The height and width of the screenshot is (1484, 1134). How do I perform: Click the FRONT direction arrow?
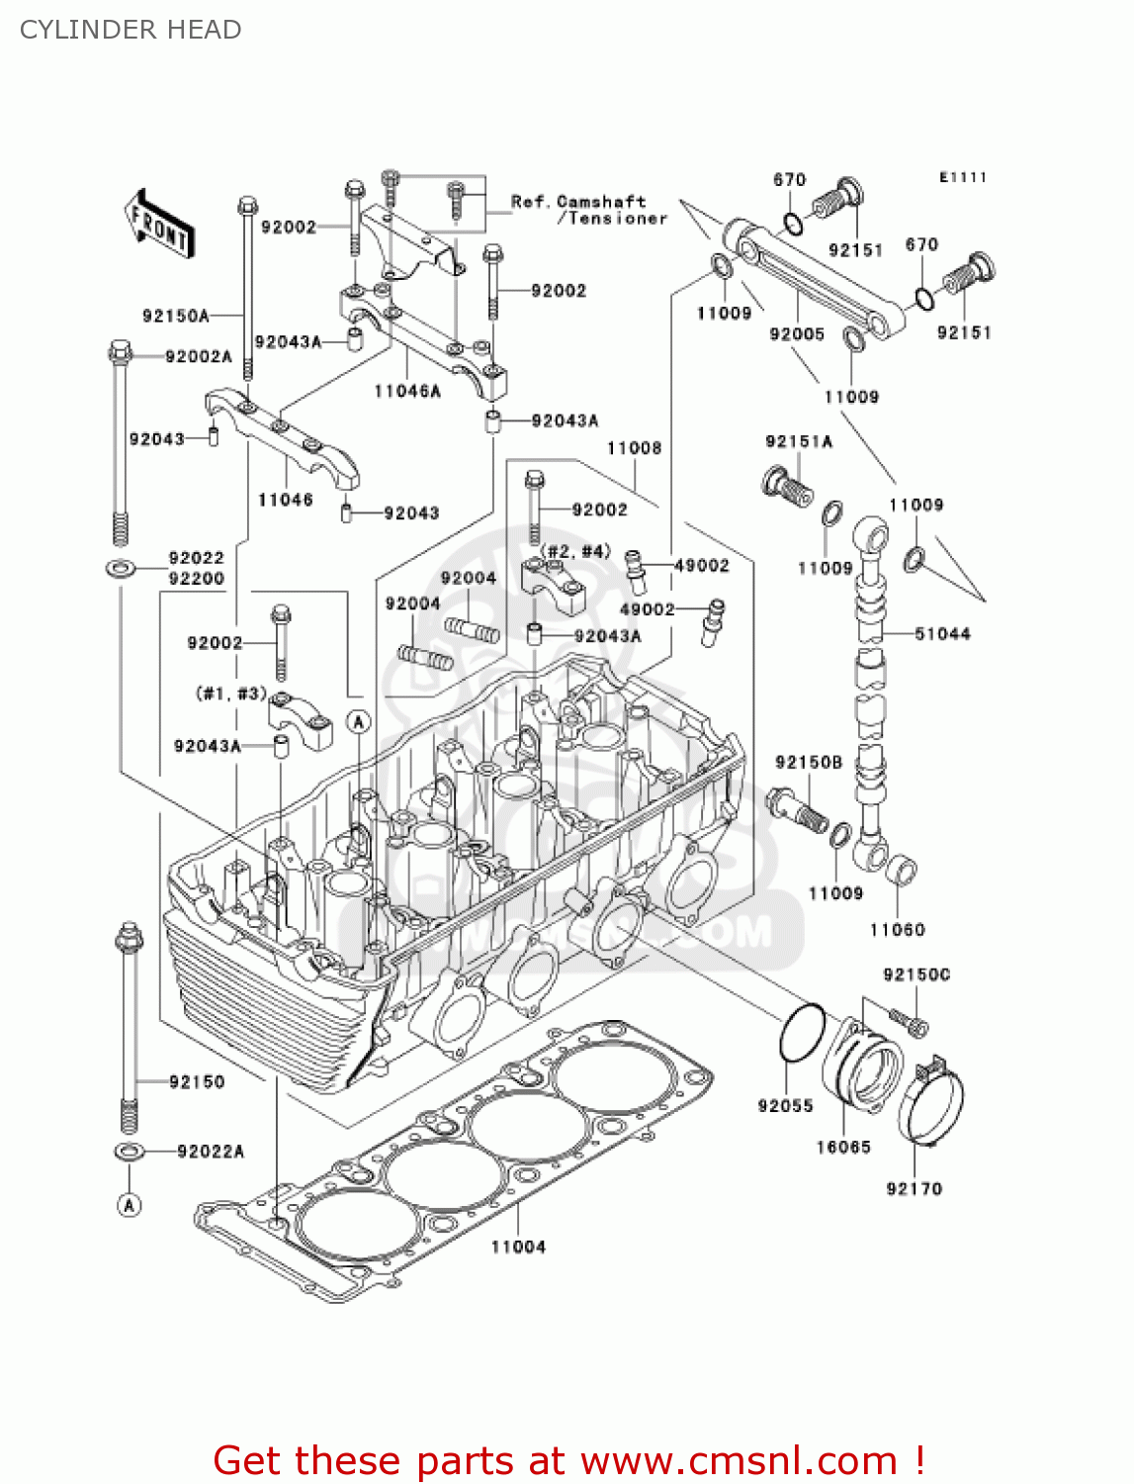[x=159, y=225]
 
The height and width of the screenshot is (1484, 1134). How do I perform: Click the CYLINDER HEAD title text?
[x=131, y=30]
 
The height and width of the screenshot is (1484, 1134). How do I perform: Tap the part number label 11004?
[x=518, y=1247]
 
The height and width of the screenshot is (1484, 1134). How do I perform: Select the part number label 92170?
[x=915, y=1188]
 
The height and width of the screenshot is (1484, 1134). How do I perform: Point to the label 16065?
[x=843, y=1147]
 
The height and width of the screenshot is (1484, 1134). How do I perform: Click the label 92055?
[x=785, y=1105]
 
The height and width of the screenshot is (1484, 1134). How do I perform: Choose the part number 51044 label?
[x=942, y=633]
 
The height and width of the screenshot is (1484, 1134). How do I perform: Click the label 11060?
[x=897, y=929]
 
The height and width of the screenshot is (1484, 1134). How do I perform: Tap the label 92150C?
[x=916, y=974]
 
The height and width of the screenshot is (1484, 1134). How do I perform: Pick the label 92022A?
[x=211, y=1151]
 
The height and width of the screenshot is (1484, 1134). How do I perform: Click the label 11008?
[x=634, y=448]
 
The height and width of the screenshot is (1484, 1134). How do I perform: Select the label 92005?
[x=797, y=334]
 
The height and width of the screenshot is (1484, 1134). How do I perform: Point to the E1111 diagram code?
[x=963, y=177]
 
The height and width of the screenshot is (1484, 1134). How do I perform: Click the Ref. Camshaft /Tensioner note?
[x=589, y=210]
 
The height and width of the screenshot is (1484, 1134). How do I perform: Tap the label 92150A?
[x=175, y=316]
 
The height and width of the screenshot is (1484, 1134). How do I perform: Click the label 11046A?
[x=407, y=391]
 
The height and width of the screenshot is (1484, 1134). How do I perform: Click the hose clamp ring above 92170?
[x=931, y=1103]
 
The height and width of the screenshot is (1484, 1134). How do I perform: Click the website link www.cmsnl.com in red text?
[x=739, y=1460]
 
